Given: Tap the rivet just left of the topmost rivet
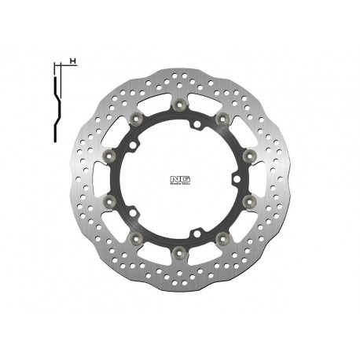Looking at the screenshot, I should click(138, 117).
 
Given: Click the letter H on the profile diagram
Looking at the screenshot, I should click(72, 61).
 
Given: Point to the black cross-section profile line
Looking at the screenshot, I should click(57, 102).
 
